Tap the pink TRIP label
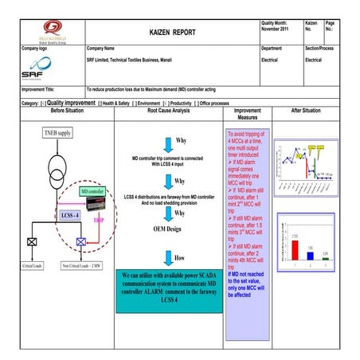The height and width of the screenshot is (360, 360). [x=100, y=218]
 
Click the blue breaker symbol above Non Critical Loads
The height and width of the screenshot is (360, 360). [x=80, y=241]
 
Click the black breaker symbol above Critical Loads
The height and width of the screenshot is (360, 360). [x=30, y=241]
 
